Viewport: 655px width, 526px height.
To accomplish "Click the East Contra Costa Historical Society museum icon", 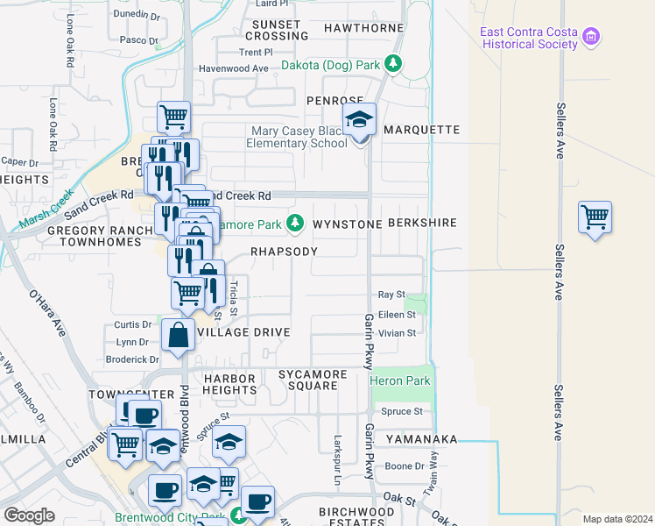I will point(593,38).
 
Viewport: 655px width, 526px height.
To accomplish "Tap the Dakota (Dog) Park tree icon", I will point(394,64).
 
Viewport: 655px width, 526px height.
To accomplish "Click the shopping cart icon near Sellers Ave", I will point(595,217).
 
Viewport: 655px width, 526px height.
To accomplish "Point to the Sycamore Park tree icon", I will point(296,224).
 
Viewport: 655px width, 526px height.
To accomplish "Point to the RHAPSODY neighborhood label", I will point(284,251).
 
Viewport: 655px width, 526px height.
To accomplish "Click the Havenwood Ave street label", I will point(233,68).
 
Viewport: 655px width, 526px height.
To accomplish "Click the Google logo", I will point(29,515).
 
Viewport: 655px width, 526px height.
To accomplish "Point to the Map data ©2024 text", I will point(617,519).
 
